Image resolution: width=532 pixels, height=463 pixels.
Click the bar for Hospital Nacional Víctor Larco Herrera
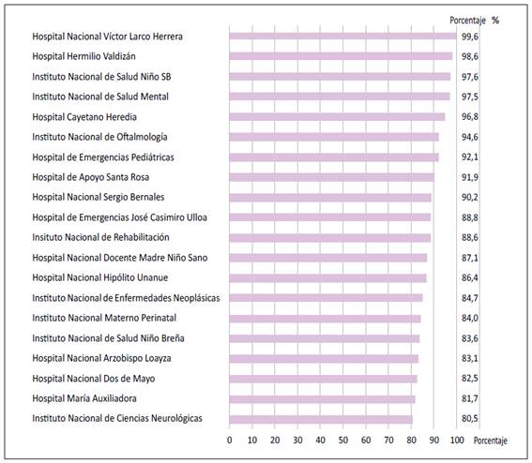tap(342, 37)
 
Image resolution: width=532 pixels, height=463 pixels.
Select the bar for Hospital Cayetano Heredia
tap(337, 117)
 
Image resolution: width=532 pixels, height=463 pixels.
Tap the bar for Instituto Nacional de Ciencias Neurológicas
tap(321, 419)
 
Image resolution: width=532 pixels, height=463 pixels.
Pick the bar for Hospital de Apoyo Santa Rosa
tap(332, 177)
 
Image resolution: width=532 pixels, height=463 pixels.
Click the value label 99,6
tap(470, 37)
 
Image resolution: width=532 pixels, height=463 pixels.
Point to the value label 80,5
tap(470, 419)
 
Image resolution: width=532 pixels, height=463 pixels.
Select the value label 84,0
tap(470, 319)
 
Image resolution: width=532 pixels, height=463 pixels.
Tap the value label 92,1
tap(470, 157)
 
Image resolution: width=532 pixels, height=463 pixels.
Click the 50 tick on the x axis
tap(343, 440)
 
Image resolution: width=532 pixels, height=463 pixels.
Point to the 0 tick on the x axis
tap(230, 440)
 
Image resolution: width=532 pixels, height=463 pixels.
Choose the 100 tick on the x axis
tap(457, 440)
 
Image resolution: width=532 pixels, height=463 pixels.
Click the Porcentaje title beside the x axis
tap(491, 441)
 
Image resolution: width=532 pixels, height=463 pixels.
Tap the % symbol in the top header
tap(495, 21)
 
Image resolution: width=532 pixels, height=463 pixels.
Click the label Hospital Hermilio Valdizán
tap(84, 56)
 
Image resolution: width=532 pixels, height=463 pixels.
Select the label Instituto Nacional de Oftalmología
tap(99, 137)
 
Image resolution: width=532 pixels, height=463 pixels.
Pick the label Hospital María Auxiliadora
tap(84, 398)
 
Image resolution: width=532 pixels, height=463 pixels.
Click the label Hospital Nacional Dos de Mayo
tap(94, 379)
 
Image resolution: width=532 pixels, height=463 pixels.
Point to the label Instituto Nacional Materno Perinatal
tap(104, 318)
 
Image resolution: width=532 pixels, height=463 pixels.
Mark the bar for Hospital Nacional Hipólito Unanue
tap(327, 278)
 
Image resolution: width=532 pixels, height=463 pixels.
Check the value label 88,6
tap(470, 238)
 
